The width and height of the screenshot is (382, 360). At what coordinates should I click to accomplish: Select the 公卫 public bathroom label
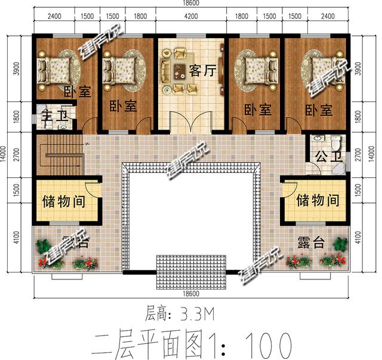[325, 158]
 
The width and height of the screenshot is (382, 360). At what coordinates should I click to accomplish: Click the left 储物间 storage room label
[63, 201]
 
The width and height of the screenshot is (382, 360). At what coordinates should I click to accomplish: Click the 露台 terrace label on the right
[310, 243]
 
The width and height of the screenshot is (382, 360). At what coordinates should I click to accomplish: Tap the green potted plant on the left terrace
[44, 245]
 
